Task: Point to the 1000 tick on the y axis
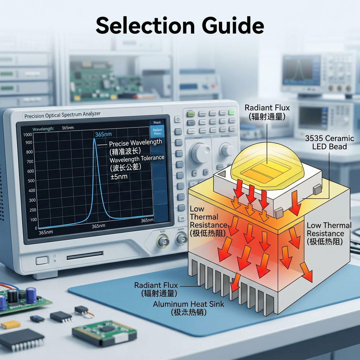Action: pyautogui.click(x=27, y=135)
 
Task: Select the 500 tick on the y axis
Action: pyautogui.click(x=31, y=181)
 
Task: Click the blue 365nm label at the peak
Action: pyautogui.click(x=103, y=135)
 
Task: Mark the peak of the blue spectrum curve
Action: pyautogui.click(x=94, y=140)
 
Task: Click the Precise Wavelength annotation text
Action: pyautogui.click(x=135, y=143)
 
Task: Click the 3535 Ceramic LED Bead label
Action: pyautogui.click(x=329, y=142)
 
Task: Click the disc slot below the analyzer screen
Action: pyautogui.click(x=85, y=255)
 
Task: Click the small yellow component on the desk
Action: pyautogui.click(x=11, y=324)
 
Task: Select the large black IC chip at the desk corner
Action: pyautogui.click(x=22, y=339)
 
